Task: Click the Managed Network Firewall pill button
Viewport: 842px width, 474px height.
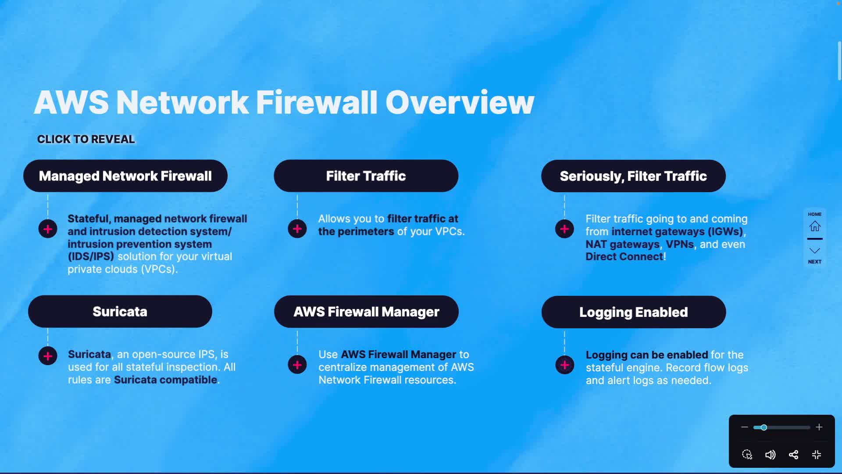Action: pos(125,176)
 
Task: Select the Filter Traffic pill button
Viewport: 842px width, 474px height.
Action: pos(366,176)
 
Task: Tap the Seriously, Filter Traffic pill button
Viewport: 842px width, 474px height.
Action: pos(633,176)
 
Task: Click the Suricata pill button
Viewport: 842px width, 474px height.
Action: pos(120,312)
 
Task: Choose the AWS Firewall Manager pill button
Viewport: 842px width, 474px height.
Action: pos(366,312)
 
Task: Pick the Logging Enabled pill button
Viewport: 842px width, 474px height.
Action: pos(633,312)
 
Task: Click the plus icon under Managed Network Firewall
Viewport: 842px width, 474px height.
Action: pos(48,229)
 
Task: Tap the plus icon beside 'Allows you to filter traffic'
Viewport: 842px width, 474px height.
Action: pos(297,229)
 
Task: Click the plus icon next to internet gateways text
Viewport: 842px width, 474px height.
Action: pos(564,229)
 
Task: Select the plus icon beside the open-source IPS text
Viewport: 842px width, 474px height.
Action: pos(48,356)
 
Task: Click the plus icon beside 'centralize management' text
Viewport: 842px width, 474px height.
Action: pos(297,365)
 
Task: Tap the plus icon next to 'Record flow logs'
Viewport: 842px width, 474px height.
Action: pos(564,365)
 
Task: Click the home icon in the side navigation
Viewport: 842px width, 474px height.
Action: pos(815,226)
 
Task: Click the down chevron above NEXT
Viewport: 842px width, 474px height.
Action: pos(815,251)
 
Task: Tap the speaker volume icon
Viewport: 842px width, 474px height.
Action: pos(770,455)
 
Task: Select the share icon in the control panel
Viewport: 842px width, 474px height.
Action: pos(793,455)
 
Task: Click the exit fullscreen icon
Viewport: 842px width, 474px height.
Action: pos(817,455)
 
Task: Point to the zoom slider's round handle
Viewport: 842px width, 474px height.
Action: pos(764,427)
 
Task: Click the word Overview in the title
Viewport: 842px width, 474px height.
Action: pos(460,103)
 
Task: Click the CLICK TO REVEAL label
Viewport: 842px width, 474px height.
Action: pos(86,140)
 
